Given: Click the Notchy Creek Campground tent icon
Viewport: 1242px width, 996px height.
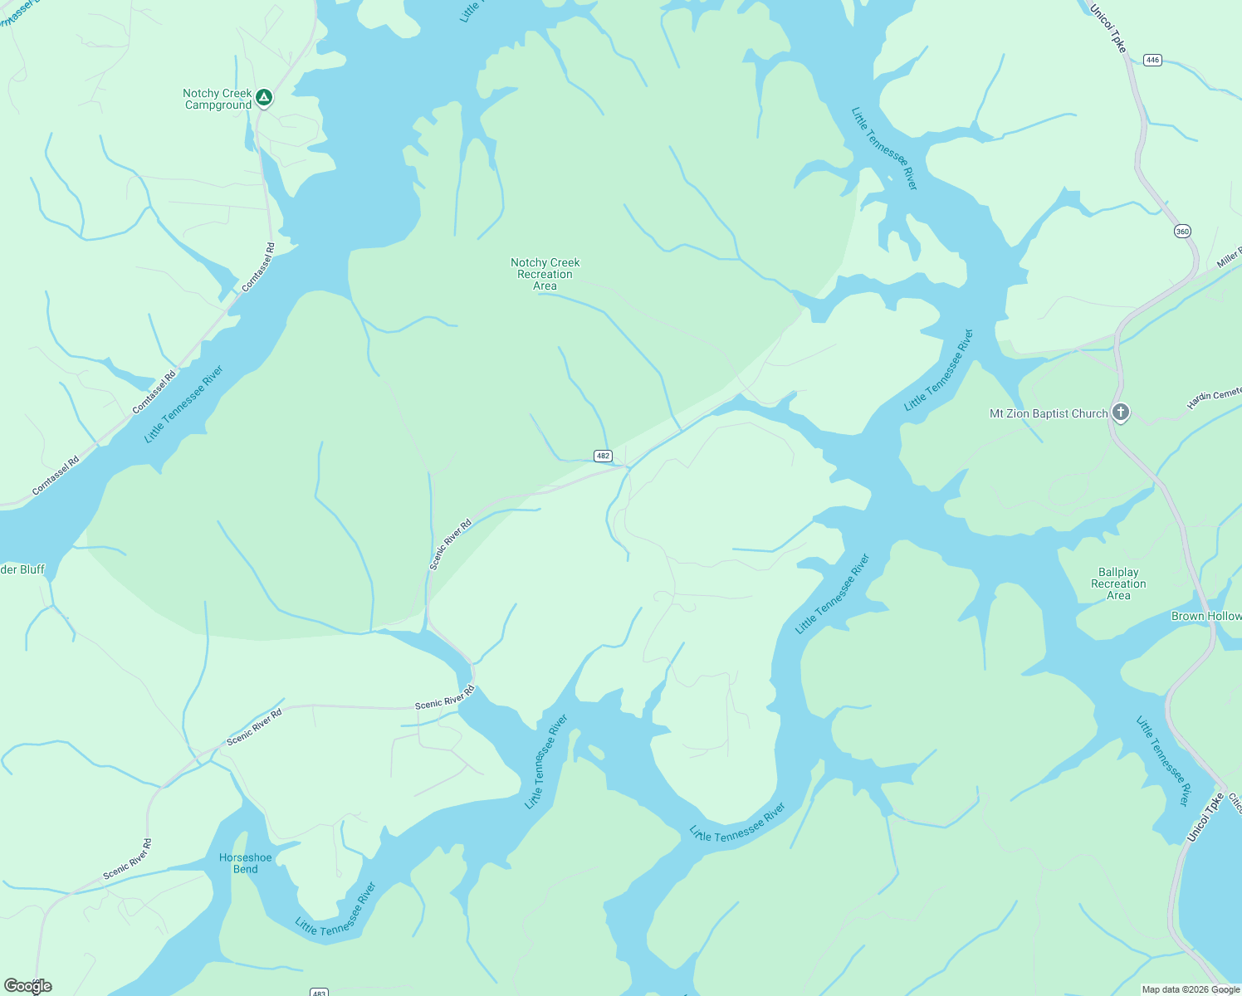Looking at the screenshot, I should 264,98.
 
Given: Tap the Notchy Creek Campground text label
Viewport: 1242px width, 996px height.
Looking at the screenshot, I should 218,100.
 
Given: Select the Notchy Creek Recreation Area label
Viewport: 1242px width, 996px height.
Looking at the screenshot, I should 545,274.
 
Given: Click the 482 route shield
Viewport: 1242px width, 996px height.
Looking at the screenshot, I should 603,456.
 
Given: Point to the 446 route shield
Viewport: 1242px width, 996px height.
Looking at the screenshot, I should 1152,60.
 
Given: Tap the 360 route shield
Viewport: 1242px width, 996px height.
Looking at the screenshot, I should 1182,232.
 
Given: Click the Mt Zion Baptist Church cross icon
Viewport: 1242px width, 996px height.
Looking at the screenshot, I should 1120,413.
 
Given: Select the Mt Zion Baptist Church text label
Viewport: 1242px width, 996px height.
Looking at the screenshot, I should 1049,413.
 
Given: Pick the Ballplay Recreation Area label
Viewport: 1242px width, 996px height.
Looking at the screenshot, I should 1118,583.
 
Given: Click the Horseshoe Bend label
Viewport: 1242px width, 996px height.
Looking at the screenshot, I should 245,863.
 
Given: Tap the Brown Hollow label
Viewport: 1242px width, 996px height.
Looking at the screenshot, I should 1206,616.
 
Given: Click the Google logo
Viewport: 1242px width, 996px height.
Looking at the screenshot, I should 28,986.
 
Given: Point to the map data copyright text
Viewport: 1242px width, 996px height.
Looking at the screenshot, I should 1191,989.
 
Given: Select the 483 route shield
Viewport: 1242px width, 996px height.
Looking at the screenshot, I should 320,992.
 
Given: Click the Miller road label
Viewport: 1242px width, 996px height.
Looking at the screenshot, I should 1229,257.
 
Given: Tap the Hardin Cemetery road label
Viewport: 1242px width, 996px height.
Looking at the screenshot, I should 1214,398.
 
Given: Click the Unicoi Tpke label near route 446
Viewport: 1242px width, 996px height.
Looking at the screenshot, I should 1108,29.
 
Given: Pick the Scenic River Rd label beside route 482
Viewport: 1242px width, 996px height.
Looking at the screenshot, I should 450,544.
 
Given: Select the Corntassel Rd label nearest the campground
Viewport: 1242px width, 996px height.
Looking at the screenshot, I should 258,267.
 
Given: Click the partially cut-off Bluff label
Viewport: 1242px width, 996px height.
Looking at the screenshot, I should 22,569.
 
